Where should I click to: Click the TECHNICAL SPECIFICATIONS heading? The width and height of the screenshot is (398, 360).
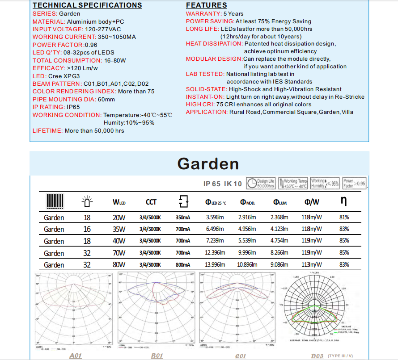point(87,5)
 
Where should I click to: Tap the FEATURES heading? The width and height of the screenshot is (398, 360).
point(207,5)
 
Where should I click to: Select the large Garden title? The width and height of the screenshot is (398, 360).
point(208,163)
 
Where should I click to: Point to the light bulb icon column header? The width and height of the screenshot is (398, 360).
point(87,202)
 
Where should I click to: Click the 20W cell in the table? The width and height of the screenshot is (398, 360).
point(119,218)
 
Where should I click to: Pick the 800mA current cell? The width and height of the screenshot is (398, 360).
point(183,264)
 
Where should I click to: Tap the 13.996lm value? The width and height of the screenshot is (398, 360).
point(214,264)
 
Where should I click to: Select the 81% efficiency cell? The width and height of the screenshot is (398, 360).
point(344,218)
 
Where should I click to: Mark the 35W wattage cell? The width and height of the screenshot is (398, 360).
point(119,229)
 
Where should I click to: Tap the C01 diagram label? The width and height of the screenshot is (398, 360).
point(241,356)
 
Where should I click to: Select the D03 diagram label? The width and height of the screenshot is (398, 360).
point(317,356)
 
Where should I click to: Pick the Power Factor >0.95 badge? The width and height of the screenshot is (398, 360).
point(354,184)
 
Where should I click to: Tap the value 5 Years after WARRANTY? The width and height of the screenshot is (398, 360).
point(233,14)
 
